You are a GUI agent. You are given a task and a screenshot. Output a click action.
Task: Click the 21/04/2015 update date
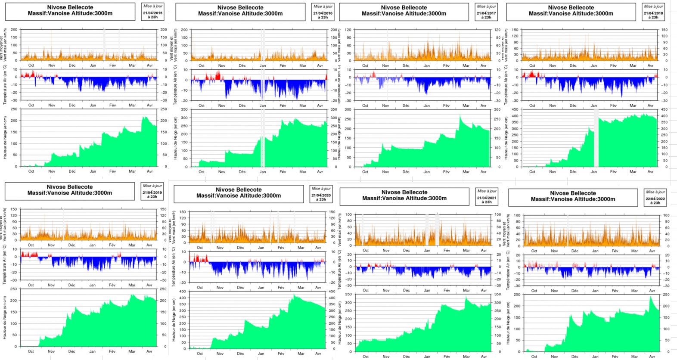152,13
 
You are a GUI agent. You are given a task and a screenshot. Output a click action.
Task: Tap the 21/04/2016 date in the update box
323,13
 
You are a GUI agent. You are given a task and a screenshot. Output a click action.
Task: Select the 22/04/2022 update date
655,199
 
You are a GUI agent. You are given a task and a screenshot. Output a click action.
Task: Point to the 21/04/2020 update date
321,195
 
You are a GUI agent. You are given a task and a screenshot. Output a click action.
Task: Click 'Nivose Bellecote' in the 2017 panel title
404,7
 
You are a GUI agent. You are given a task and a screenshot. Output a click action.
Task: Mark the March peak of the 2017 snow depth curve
460,116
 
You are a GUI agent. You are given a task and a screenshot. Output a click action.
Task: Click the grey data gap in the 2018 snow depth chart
596,138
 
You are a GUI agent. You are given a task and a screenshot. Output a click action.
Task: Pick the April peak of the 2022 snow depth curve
651,296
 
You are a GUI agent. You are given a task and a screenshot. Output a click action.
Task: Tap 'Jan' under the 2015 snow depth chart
93,171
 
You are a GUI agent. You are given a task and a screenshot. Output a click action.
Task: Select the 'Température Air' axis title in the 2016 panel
175,85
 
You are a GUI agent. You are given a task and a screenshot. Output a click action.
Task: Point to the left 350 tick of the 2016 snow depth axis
184,109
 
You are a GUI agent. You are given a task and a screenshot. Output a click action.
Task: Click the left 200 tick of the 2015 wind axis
14,30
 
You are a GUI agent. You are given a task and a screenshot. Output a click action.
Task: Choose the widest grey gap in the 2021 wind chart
437,229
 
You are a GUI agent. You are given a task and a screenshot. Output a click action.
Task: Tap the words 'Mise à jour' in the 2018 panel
653,6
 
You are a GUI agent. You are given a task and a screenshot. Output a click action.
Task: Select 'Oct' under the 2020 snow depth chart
200,354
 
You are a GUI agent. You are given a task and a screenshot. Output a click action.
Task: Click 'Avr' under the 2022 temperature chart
652,291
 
